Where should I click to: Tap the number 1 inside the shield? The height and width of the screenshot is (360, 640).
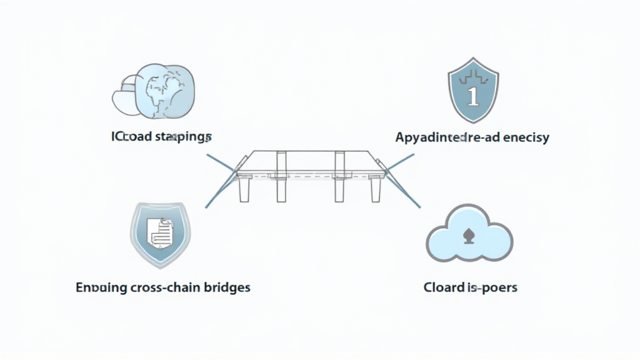point(472,96)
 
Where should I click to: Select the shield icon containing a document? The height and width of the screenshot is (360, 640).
point(160,232)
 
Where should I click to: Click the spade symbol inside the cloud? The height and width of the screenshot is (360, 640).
point(469,236)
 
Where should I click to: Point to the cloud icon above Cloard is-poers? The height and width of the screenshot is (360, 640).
point(469,235)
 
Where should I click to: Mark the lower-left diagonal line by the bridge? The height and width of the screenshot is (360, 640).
point(219,191)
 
